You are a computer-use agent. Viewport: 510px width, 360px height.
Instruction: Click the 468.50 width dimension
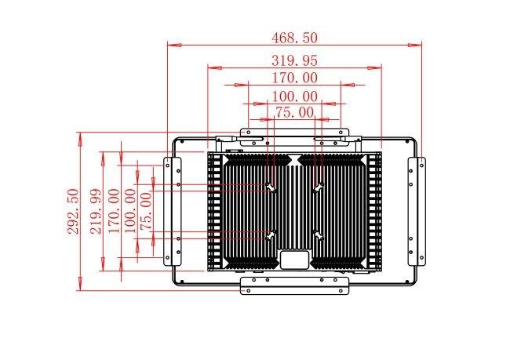294,38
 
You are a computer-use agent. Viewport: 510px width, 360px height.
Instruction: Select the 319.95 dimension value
294,60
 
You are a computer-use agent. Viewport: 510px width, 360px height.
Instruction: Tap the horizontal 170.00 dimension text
294,78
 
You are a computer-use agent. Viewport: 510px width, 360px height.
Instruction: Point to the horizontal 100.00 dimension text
294,96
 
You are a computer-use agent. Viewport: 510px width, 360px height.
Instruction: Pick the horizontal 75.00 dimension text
295,112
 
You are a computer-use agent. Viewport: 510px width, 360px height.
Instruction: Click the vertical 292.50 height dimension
74,211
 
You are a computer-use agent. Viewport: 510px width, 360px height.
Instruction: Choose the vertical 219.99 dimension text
97,211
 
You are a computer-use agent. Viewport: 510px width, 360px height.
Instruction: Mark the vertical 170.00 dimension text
115,211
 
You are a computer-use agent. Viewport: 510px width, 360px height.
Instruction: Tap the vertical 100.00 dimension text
130,211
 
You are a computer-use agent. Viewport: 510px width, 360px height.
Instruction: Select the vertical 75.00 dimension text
146,212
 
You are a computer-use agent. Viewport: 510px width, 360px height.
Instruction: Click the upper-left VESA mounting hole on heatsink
270,187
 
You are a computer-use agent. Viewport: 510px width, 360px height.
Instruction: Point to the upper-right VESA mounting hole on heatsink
319,187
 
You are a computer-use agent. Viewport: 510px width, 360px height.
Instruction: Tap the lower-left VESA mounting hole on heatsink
271,235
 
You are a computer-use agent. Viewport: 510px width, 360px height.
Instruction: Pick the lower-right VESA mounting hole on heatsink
319,235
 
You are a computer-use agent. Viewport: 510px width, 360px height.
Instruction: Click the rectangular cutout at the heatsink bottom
294,259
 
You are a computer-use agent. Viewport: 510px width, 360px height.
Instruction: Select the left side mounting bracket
172,212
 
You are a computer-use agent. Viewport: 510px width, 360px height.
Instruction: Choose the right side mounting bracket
417,212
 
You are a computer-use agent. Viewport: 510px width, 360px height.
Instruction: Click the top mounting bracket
294,133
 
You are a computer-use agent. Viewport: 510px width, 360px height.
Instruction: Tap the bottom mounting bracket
294,285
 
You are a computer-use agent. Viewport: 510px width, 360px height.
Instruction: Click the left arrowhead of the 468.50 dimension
174,45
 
